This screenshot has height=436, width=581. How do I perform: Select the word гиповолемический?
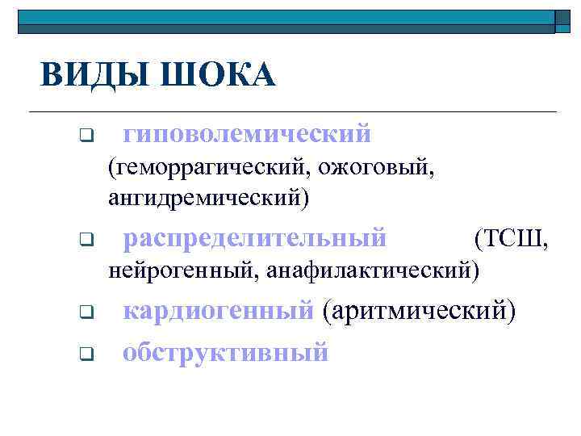click(247, 132)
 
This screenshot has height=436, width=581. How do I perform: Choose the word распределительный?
click(255, 238)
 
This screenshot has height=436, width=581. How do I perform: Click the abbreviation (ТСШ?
click(514, 238)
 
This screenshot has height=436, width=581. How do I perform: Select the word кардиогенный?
click(218, 309)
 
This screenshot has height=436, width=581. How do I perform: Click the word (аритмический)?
click(417, 309)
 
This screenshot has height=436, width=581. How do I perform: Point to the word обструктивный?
click(226, 351)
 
